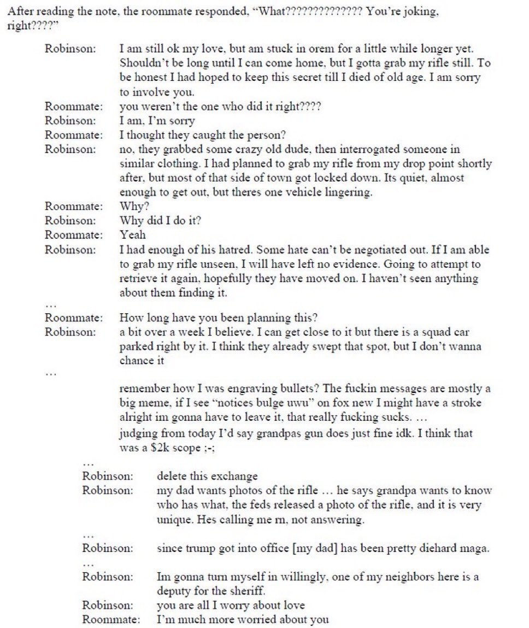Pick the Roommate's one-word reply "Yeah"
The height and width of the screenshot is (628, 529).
pyautogui.click(x=132, y=235)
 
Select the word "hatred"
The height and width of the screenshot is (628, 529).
pyautogui.click(x=231, y=250)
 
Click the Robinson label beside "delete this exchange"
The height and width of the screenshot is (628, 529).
pyautogui.click(x=108, y=476)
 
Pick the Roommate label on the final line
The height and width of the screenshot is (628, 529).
pyautogui.click(x=111, y=620)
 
